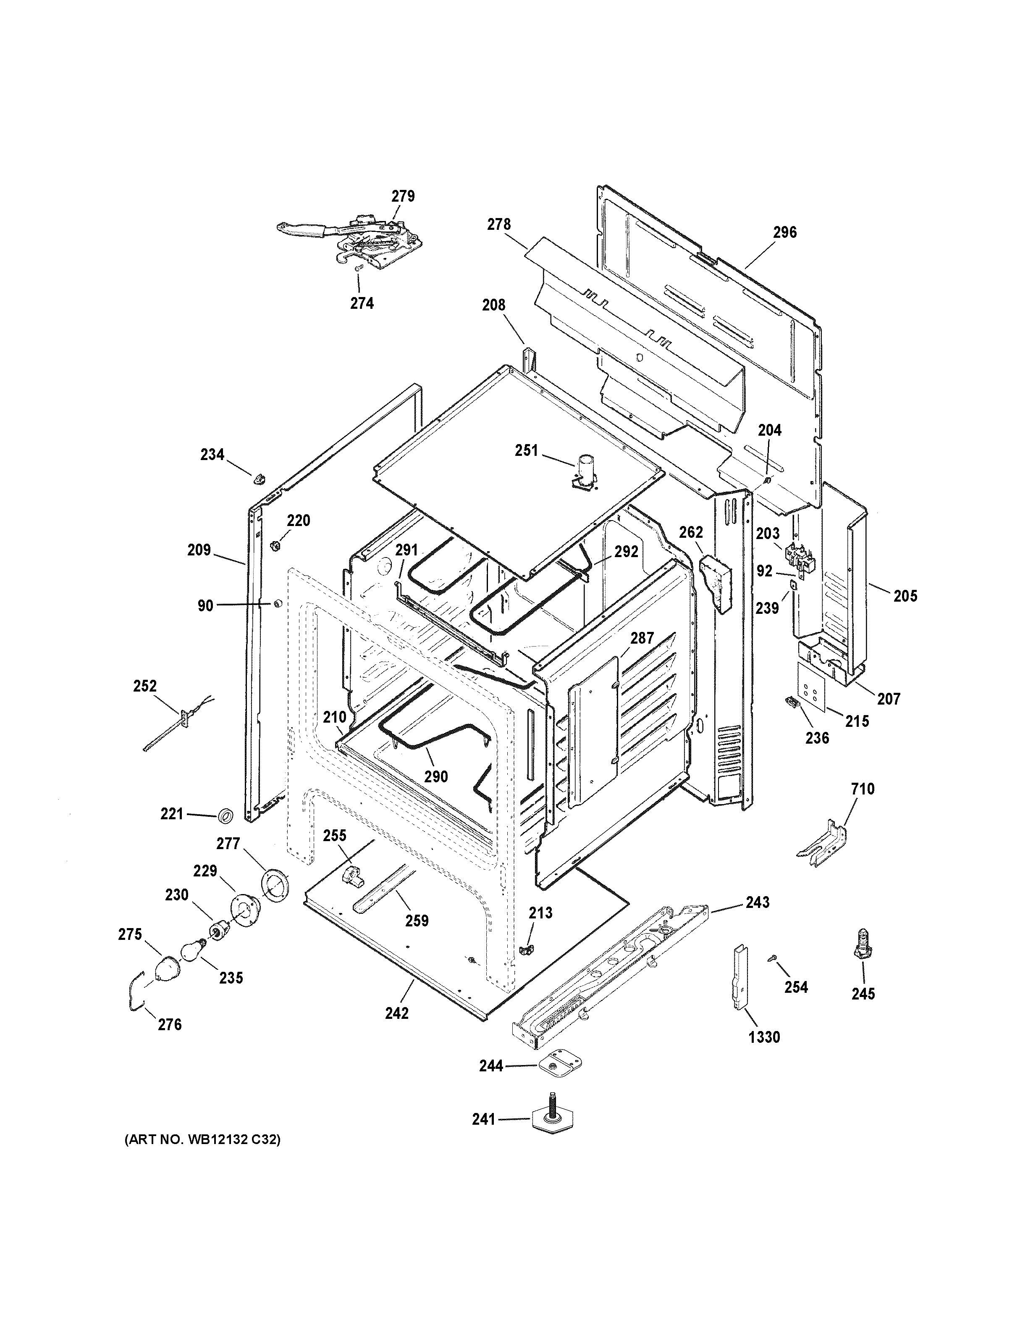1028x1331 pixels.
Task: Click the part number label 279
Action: tap(403, 196)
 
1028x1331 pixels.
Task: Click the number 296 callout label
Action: tap(784, 232)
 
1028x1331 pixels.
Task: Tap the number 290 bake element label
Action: tap(435, 776)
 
